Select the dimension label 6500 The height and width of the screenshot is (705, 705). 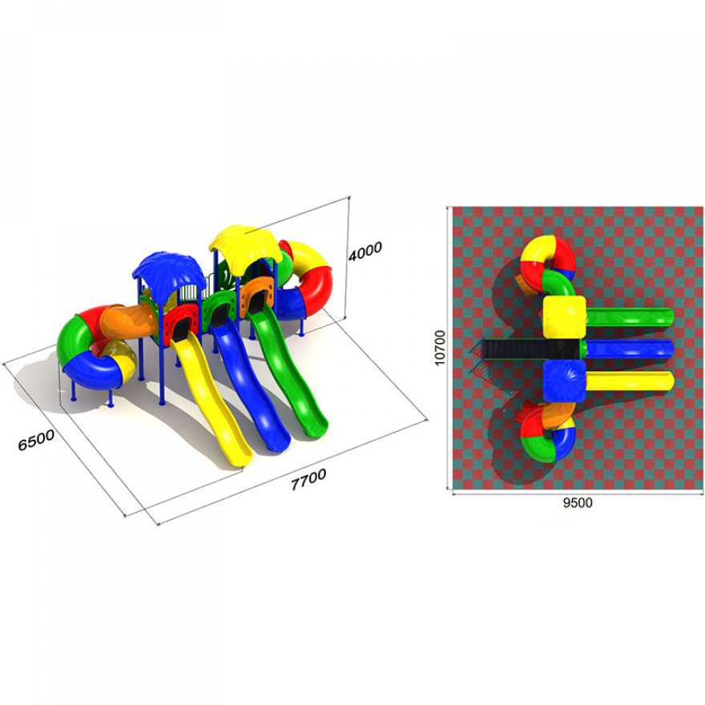click(36, 440)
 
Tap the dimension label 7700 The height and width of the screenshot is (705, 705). click(308, 479)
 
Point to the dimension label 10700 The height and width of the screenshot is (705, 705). click(440, 348)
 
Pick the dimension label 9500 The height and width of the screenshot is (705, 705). click(578, 502)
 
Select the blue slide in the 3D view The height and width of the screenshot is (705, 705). click(249, 382)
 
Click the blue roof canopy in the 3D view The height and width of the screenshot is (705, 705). click(165, 273)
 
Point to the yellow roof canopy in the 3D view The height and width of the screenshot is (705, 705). click(245, 244)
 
